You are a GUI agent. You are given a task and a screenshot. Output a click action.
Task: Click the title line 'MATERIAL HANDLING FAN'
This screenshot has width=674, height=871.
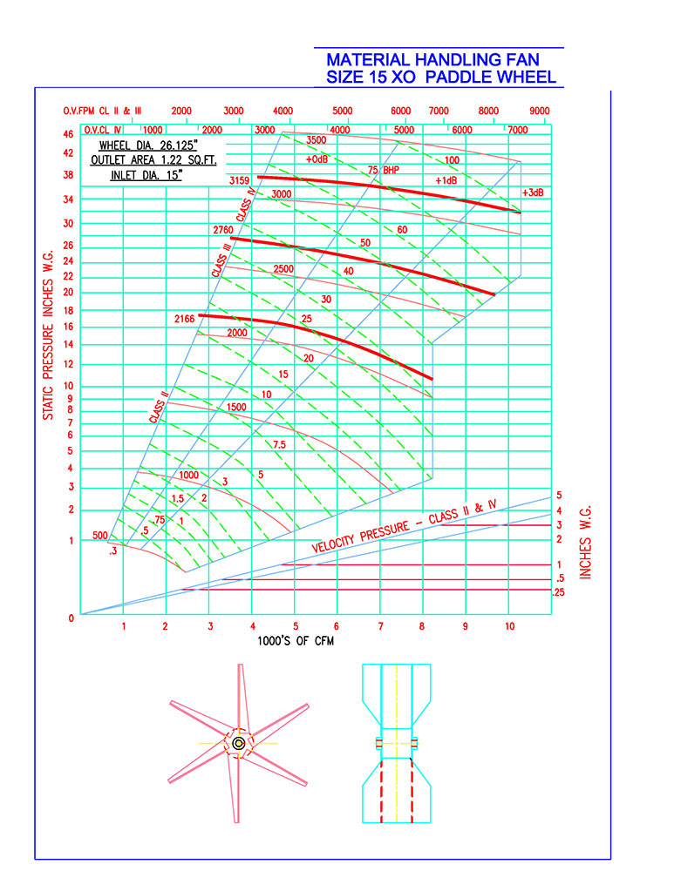point(432,59)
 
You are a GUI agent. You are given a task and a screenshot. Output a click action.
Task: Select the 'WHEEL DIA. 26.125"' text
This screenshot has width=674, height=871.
point(148,145)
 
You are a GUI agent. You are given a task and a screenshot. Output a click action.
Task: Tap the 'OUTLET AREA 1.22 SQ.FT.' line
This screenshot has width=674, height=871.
point(153,160)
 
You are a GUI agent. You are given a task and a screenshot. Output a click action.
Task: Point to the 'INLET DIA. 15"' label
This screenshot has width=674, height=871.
point(146,175)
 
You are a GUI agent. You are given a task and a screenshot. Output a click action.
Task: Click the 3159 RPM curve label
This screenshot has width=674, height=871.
point(239,180)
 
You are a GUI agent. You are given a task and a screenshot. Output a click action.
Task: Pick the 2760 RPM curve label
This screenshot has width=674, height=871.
point(223,230)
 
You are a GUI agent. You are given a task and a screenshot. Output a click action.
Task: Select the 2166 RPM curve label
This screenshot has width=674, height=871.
point(184,319)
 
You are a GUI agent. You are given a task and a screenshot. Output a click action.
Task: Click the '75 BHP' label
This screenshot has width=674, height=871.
point(383,170)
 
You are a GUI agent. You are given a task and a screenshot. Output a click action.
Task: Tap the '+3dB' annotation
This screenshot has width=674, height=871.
point(533,192)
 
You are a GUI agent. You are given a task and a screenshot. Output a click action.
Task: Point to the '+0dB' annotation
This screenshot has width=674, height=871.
point(317,159)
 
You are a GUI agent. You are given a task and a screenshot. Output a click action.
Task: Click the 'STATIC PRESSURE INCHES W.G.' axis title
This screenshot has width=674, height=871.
point(48,335)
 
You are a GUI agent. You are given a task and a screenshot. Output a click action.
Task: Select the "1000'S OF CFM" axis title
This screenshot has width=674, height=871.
point(296,641)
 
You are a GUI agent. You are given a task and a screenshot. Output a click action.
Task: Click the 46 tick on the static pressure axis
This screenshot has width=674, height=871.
point(68,134)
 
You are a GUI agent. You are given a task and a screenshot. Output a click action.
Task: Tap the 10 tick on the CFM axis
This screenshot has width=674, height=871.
point(509,626)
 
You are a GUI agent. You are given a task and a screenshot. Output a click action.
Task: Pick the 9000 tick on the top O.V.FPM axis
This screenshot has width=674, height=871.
point(539,111)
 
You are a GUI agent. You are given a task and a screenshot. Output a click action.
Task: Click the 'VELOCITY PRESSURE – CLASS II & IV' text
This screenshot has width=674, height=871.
point(404,526)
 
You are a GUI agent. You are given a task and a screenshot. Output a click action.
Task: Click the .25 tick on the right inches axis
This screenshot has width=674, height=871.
point(558,592)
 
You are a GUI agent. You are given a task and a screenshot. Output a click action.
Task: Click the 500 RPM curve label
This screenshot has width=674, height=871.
point(100,536)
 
